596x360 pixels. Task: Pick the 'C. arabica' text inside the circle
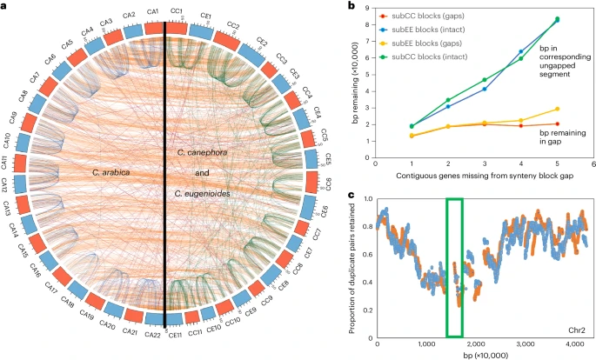coord(111,172)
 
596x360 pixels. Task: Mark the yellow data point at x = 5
coord(557,109)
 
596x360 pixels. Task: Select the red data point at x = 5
coord(557,123)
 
